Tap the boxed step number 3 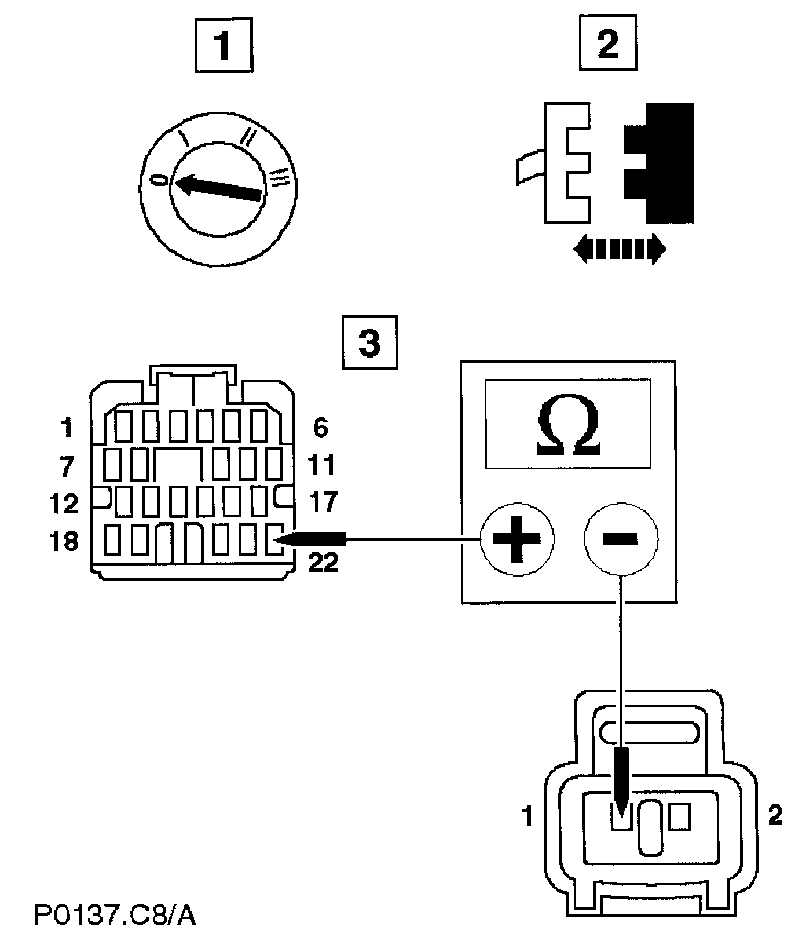pyautogui.click(x=370, y=342)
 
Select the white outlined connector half pyautogui.click(x=567, y=163)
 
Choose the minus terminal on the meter pyautogui.click(x=621, y=539)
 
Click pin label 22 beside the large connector pyautogui.click(x=323, y=562)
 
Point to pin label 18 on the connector pyautogui.click(x=64, y=542)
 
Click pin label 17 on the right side pyautogui.click(x=323, y=502)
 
